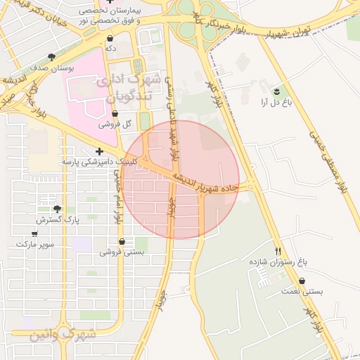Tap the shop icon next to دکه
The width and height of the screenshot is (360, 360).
point(110,39)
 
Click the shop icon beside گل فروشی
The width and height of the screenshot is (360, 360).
point(115,114)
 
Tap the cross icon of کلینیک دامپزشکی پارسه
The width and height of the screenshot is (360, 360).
point(99,151)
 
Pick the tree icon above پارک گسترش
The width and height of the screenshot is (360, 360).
point(57,209)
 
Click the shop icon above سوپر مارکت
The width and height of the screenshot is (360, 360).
point(34,233)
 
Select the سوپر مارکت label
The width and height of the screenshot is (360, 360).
point(34,244)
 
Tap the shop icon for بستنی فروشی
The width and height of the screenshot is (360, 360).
point(122,241)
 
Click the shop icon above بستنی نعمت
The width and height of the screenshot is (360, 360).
point(302,281)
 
